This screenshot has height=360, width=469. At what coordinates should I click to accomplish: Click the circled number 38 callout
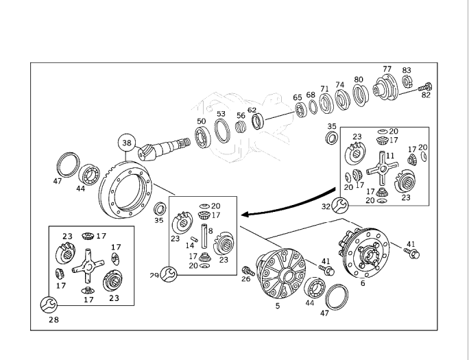126,143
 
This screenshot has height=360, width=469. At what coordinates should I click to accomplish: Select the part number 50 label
201,121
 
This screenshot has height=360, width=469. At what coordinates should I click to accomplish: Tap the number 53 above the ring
221,114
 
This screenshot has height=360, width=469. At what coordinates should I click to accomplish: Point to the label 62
252,110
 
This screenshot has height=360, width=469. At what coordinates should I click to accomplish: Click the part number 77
387,69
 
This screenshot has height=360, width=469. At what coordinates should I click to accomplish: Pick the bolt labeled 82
424,86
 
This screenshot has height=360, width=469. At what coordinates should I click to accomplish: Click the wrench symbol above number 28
48,302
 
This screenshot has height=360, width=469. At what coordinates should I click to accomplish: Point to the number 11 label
389,156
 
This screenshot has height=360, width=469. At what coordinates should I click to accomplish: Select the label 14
190,245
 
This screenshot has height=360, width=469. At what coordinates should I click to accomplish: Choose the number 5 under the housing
278,306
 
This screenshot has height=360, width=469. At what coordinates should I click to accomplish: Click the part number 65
298,97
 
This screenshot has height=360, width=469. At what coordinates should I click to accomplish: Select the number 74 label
339,85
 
